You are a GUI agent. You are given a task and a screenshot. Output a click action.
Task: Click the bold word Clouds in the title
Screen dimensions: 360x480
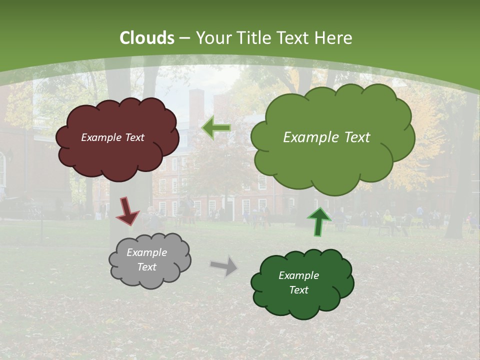[147, 38]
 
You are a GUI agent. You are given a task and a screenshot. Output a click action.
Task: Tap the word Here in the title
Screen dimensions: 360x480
[334, 38]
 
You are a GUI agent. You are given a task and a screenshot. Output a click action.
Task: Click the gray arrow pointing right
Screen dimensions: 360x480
[224, 266]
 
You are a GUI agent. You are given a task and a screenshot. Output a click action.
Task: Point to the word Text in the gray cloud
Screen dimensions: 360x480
[147, 267]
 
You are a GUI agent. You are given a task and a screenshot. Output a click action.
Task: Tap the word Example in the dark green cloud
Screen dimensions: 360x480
[298, 275]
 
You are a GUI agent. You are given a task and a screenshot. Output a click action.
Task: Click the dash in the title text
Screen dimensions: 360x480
[184, 38]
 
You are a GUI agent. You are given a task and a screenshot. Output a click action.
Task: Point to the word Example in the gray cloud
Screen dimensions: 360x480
[147, 252]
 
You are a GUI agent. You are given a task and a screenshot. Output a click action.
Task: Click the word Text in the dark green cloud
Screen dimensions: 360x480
[298, 290]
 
